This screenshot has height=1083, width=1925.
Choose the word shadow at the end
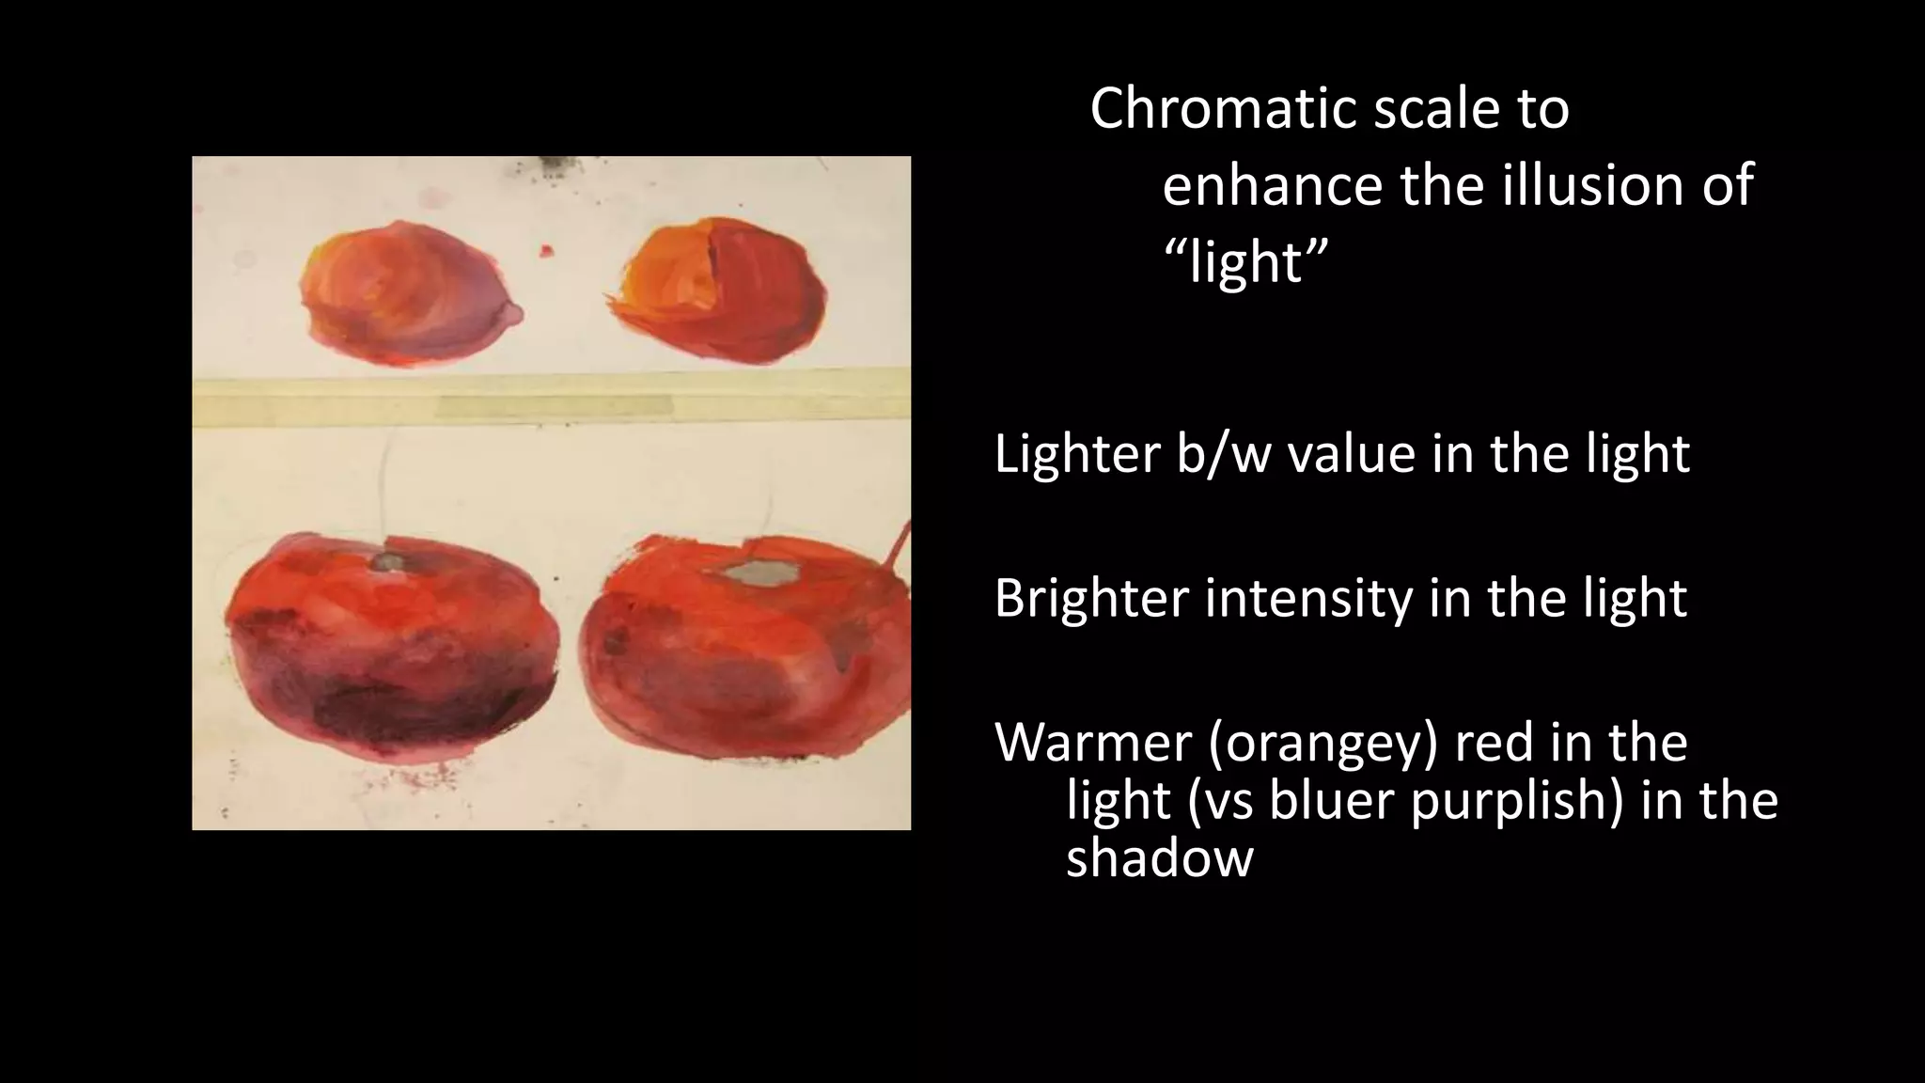(1159, 859)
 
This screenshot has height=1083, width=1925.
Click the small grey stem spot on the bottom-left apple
(386, 562)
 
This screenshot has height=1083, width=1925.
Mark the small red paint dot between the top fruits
(546, 251)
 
